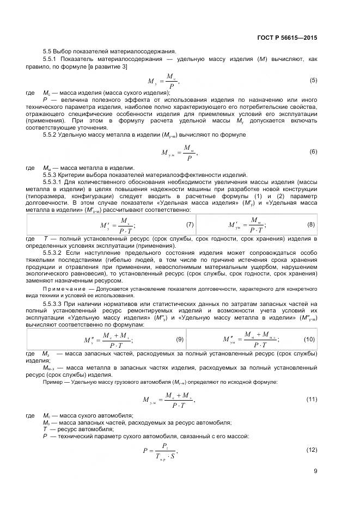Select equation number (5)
313,81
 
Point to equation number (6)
313,151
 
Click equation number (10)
309,339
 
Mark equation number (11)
312,400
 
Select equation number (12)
312,450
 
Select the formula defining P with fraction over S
161,450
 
